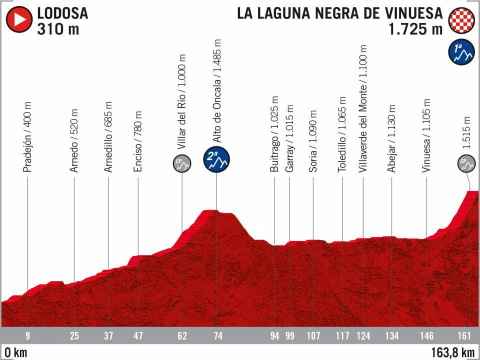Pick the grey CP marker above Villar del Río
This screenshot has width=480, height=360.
click(182, 163)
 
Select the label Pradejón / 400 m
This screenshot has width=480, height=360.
click(27, 138)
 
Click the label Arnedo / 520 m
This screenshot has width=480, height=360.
click(74, 141)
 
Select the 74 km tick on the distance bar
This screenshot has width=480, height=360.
click(218, 335)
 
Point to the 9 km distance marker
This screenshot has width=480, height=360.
click(28, 335)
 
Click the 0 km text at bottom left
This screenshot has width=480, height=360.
click(13, 352)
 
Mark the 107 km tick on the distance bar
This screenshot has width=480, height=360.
click(312, 335)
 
